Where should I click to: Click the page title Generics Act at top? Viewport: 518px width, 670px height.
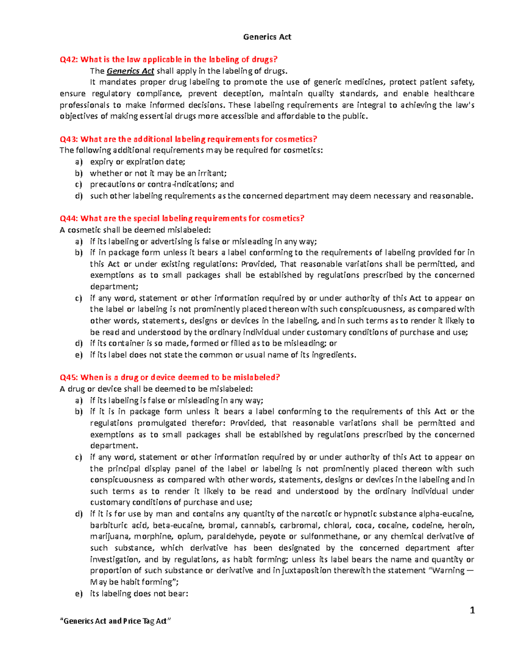pos(267,37)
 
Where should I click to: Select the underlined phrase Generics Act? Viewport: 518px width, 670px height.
pos(130,71)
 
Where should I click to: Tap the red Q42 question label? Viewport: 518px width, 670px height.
pos(69,60)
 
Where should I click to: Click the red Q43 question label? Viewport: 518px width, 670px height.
pos(69,139)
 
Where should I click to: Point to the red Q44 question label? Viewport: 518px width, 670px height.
pos(69,218)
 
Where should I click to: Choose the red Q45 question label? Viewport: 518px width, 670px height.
pos(69,377)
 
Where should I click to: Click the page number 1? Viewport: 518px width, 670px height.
pos(472,610)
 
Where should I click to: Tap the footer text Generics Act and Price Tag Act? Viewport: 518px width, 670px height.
pos(115,621)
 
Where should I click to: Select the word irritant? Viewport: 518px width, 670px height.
pos(212,173)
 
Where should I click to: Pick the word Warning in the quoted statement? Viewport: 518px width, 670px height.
pos(449,570)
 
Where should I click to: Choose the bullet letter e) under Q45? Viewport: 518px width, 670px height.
pos(79,594)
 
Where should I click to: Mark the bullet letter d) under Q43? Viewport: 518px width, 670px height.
pos(79,196)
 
